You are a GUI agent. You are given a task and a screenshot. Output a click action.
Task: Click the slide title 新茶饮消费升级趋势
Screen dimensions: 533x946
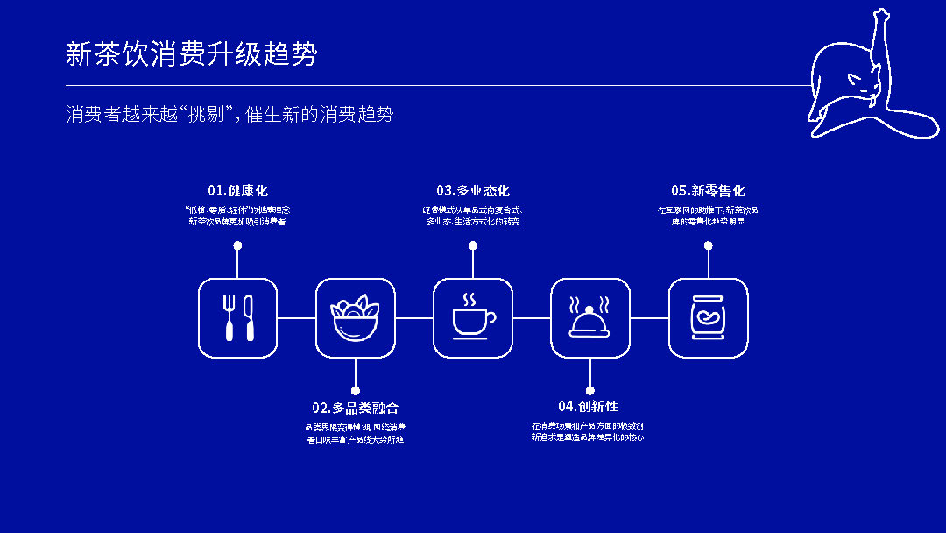(x=191, y=54)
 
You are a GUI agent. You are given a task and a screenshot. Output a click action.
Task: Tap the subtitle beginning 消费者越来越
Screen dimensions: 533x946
(x=229, y=114)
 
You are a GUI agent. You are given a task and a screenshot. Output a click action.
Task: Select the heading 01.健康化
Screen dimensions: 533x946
(x=237, y=191)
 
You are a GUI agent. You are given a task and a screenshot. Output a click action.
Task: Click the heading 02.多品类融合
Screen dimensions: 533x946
(x=355, y=408)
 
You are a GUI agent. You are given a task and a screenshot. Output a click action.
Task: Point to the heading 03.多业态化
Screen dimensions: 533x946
(x=473, y=191)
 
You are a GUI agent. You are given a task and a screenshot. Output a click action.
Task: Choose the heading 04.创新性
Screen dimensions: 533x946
(x=589, y=407)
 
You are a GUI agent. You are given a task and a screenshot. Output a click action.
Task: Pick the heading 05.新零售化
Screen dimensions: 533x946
(x=708, y=191)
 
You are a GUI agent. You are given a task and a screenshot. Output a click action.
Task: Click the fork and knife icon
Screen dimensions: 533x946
(x=237, y=317)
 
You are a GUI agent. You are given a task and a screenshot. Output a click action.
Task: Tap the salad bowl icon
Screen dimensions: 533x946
(x=355, y=317)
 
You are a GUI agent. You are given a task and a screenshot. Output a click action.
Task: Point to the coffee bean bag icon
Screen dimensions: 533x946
(x=708, y=317)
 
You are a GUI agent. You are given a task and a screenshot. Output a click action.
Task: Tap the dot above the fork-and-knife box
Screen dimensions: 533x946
(x=237, y=246)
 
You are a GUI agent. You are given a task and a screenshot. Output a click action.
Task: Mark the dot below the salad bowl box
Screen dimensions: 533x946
(x=355, y=390)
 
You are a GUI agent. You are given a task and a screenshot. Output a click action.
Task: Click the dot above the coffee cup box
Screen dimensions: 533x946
(x=473, y=246)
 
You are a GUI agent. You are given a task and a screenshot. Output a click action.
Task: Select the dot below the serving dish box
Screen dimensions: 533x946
(x=589, y=390)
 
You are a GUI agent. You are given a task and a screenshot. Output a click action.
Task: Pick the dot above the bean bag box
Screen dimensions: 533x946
(x=708, y=246)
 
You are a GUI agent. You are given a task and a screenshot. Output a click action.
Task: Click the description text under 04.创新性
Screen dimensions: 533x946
(x=588, y=431)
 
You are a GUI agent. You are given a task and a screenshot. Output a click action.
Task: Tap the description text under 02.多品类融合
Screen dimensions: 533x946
(x=355, y=433)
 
